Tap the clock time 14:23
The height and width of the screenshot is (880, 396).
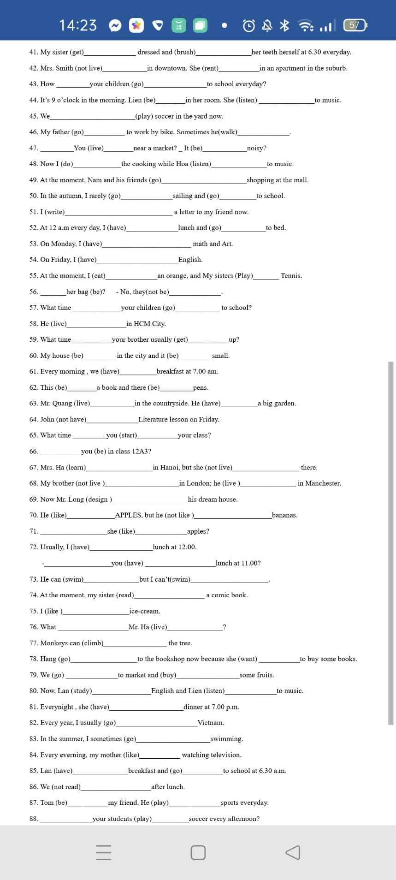pyautogui.click(x=78, y=25)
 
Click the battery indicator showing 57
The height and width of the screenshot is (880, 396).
pyautogui.click(x=355, y=25)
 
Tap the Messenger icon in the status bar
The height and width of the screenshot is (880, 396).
pyautogui.click(x=115, y=26)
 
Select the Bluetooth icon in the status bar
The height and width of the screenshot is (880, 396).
pyautogui.click(x=285, y=25)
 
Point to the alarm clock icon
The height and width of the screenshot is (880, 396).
pyautogui.click(x=249, y=26)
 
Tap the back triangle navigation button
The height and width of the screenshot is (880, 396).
pyautogui.click(x=293, y=852)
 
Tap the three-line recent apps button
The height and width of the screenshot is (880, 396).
pyautogui.click(x=104, y=852)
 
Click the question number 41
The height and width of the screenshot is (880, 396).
pyautogui.click(x=33, y=52)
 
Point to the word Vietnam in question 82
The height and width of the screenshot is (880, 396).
pyautogui.click(x=211, y=723)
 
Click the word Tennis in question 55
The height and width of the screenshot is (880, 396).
pyautogui.click(x=291, y=276)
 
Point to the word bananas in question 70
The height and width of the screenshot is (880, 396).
pyautogui.click(x=284, y=515)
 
